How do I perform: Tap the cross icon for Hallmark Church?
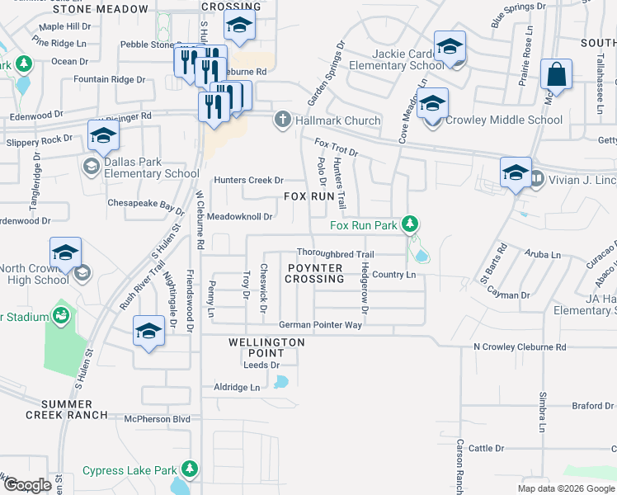(282, 120)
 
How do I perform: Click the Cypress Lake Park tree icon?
(190, 470)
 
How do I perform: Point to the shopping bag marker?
(558, 74)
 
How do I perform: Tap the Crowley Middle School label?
(503, 120)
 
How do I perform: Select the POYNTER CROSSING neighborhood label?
(313, 274)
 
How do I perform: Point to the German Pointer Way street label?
(320, 325)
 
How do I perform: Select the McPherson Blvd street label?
(157, 419)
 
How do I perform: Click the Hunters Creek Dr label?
(248, 180)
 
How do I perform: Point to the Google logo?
(27, 484)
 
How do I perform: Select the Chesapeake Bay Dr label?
(146, 203)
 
